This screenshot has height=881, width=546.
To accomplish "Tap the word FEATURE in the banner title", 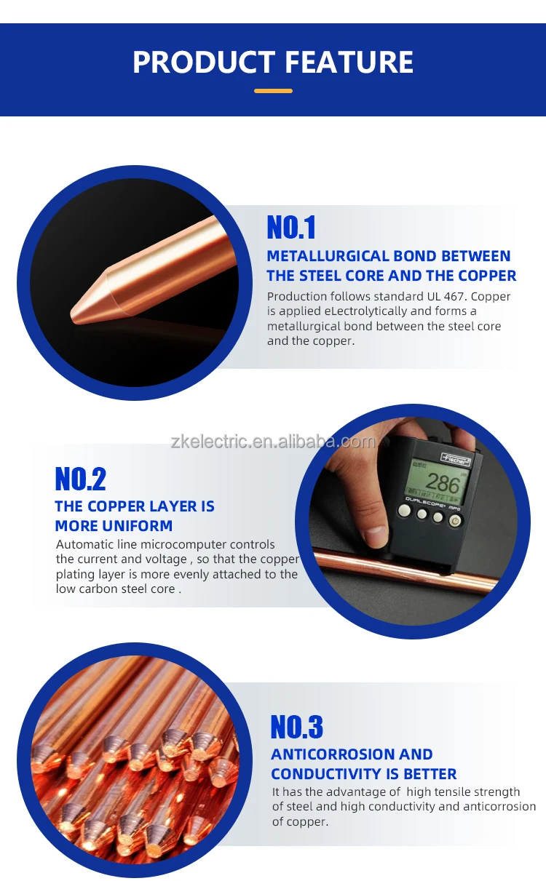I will (x=349, y=63).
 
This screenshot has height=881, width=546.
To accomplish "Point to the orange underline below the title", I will (x=273, y=91).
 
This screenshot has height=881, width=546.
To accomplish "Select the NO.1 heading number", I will (x=291, y=228).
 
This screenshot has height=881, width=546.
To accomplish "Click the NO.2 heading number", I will (x=80, y=479).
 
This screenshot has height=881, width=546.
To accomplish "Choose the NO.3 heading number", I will (x=296, y=727).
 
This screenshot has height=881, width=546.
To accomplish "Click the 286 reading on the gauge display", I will (x=442, y=483).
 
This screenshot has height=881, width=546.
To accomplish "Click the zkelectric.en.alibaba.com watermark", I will (x=273, y=442).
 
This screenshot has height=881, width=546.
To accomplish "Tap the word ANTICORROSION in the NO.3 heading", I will (x=326, y=754).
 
